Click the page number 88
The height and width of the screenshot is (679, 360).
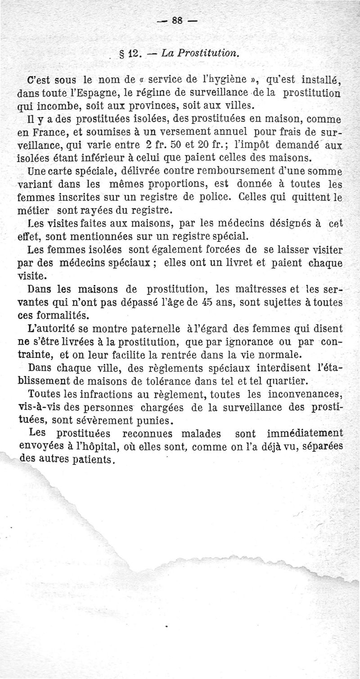pos(179,21)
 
